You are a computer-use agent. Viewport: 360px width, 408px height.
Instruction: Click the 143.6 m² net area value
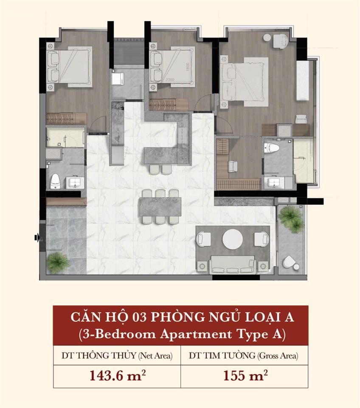(117, 376)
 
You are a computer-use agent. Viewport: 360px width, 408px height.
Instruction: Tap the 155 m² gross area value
(245, 376)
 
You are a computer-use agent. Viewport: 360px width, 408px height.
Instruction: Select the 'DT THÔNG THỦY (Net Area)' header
(117, 355)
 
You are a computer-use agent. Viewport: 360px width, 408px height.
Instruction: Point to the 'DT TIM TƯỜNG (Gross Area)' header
(244, 355)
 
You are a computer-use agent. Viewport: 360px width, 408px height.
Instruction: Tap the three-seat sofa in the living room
(233, 264)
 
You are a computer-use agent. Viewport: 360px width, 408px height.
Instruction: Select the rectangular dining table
(160, 207)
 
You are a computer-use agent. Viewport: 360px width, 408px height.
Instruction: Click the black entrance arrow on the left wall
(37, 237)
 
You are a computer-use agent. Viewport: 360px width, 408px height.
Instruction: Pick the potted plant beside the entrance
(58, 263)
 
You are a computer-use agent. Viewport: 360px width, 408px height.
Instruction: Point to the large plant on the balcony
(291, 218)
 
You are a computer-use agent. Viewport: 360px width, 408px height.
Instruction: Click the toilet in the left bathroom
(55, 181)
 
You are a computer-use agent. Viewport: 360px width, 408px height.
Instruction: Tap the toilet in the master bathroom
(271, 148)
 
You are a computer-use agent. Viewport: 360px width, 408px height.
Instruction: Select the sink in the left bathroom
(75, 183)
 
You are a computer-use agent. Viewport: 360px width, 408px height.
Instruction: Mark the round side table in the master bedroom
(267, 38)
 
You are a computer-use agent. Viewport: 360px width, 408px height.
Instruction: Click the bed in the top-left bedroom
(69, 67)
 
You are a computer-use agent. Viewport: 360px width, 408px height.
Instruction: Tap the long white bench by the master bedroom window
(302, 80)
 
